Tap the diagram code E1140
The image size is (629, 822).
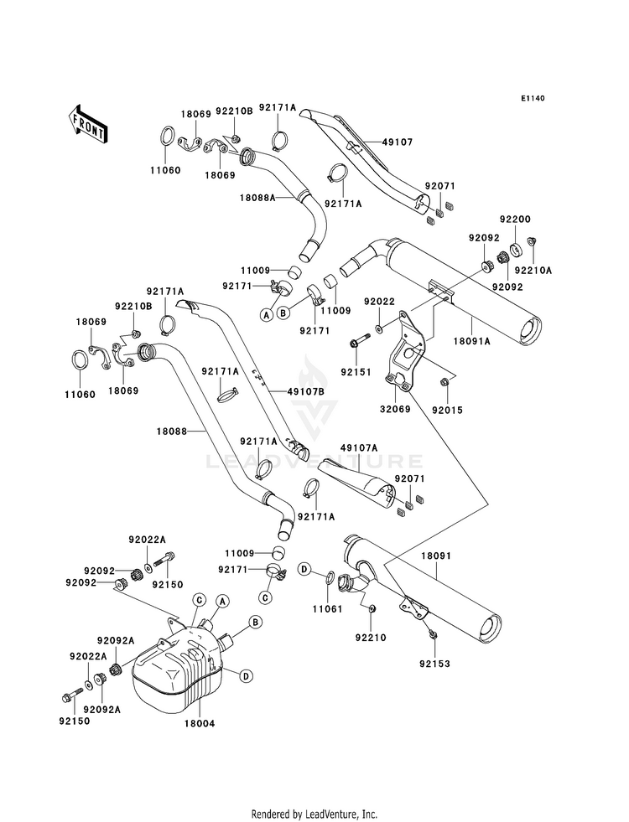[x=532, y=99]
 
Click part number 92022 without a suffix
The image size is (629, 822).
[x=379, y=302]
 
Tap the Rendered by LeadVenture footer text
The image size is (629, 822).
[x=314, y=814]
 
